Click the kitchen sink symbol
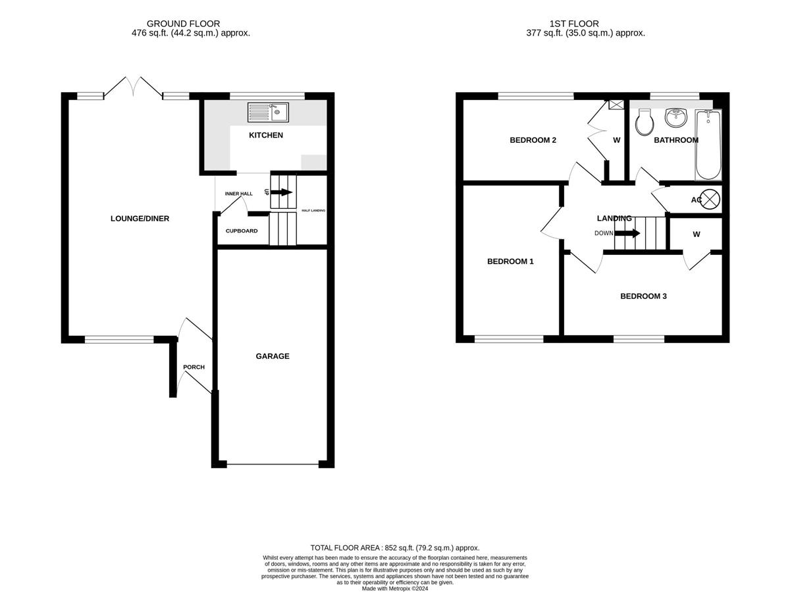click(x=268, y=113)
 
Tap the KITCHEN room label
click(x=266, y=135)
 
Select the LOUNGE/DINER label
click(x=140, y=219)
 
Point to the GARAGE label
click(x=273, y=356)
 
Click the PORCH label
click(x=194, y=367)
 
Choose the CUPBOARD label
click(x=242, y=231)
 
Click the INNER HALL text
click(x=238, y=194)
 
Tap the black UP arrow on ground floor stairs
click(x=281, y=192)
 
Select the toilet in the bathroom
click(x=643, y=122)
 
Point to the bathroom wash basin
click(x=675, y=118)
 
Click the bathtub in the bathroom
click(x=708, y=145)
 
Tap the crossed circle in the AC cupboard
click(x=711, y=199)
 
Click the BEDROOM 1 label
click(x=510, y=261)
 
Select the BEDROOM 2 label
click(x=533, y=140)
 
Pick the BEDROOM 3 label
click(x=643, y=296)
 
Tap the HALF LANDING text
click(x=313, y=211)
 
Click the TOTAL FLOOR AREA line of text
click(x=395, y=548)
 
